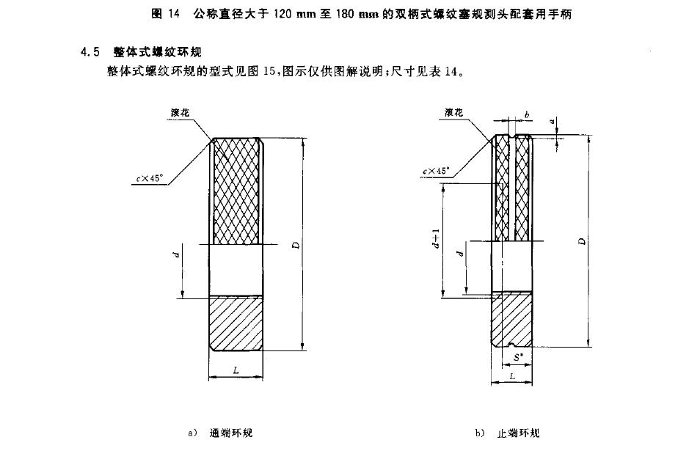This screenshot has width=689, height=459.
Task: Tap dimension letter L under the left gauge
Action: (236, 371)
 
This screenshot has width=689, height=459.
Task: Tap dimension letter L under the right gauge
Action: (511, 375)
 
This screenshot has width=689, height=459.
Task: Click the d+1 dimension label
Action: (436, 238)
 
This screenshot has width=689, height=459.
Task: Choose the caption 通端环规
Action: (230, 433)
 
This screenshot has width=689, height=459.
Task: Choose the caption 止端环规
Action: (518, 433)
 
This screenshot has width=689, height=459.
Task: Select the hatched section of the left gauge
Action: (236, 323)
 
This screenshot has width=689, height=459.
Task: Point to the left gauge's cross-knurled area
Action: (236, 191)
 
